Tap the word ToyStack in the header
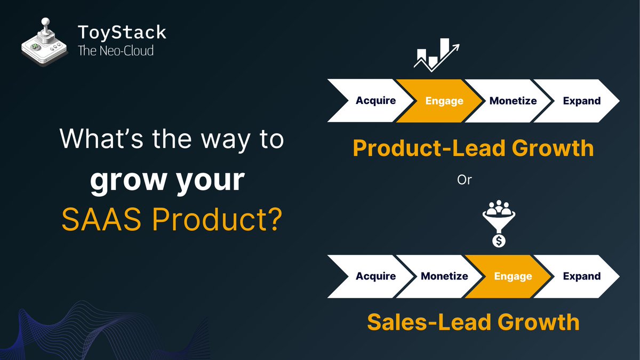122,32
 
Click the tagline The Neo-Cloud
116,51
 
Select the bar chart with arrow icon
437,54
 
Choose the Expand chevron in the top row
577,101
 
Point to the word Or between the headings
465,180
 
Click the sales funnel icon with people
499,217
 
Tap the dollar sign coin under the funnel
499,241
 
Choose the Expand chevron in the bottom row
577,276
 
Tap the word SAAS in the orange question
101,219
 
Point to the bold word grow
129,181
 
